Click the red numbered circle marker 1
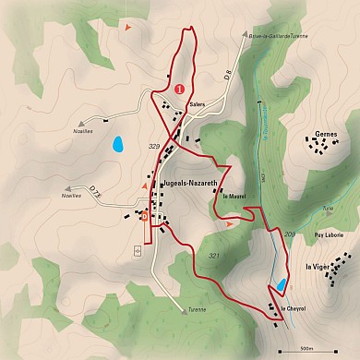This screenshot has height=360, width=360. tap(179, 89)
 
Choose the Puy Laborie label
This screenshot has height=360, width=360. tap(328, 235)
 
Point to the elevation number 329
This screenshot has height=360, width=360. tap(154, 146)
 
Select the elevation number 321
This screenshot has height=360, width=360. tap(214, 255)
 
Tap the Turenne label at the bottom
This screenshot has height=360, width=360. tap(195, 309)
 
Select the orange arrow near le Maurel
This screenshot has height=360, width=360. tap(230, 223)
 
